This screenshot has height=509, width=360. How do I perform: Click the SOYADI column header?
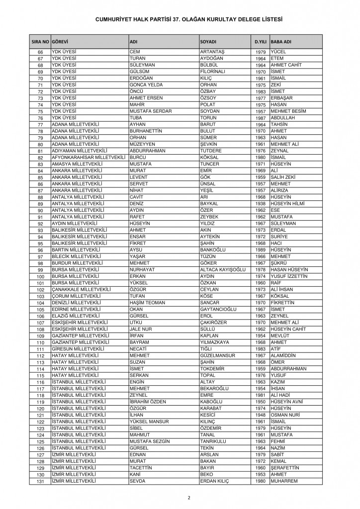coord(208,41)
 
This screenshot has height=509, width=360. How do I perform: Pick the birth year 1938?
coord(262,203)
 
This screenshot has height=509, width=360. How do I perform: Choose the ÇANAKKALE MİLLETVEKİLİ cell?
coord(83,289)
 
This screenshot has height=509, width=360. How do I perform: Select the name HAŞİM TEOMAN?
coord(148,302)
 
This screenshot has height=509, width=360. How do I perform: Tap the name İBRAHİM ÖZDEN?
coord(148,401)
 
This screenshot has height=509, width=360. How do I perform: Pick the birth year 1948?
coord(262,415)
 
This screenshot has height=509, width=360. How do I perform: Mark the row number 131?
coord(41,481)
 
